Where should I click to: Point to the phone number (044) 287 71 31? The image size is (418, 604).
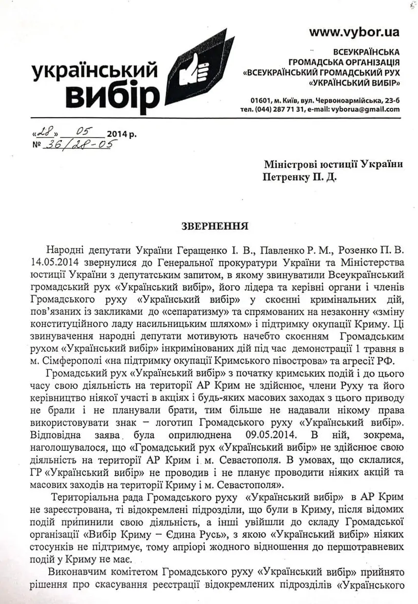click(278, 109)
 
